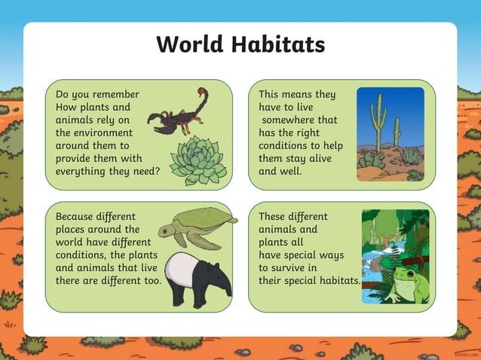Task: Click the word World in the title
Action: click(186, 44)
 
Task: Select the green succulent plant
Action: click(198, 160)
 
